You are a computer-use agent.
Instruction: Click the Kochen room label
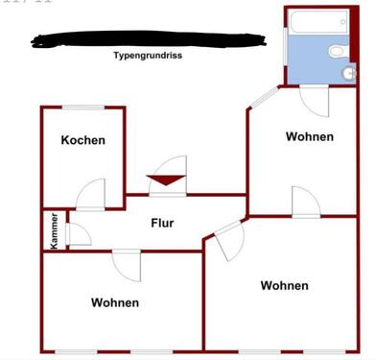coord(82,140)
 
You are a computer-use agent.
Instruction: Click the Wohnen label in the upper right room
coord(309,136)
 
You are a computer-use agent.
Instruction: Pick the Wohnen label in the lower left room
coord(115,302)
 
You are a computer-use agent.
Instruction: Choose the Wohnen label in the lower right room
coord(284,285)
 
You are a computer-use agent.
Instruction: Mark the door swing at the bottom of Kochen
coord(92,194)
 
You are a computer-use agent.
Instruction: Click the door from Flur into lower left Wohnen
coord(127,261)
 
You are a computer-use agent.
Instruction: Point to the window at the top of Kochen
coord(82,107)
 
